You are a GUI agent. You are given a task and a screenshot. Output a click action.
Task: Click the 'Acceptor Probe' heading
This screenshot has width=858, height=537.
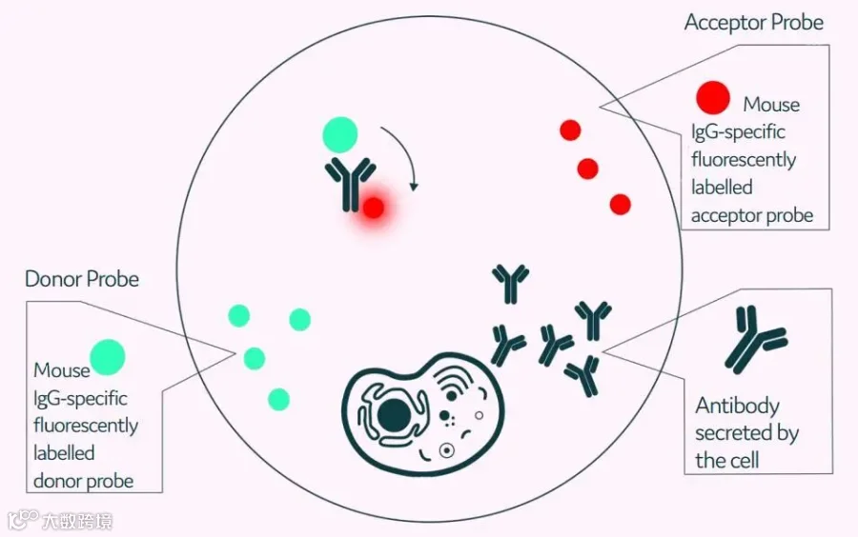point(753,23)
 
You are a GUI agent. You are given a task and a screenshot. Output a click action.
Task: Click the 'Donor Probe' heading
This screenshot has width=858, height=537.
point(82,279)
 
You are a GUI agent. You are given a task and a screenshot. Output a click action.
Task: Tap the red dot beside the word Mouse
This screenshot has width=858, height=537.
point(712,97)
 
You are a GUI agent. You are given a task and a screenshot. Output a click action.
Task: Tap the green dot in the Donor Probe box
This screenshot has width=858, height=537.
point(107,357)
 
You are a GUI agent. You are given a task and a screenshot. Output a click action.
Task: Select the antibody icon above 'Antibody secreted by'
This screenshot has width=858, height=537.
point(756,339)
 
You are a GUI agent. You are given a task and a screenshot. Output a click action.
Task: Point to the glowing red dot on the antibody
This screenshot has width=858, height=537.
point(374,208)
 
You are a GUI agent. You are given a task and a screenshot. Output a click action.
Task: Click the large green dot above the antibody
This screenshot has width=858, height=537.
point(339,134)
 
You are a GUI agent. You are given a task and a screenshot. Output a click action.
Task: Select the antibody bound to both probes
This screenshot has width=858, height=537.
point(350,183)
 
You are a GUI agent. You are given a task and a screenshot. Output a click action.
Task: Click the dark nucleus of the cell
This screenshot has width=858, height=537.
point(394,416)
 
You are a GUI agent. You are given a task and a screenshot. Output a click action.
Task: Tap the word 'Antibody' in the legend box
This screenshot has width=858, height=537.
point(737,407)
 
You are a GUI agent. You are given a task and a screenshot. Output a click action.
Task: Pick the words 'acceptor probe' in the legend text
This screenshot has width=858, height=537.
point(752,216)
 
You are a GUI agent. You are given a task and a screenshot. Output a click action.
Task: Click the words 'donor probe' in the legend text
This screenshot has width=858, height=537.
point(83,481)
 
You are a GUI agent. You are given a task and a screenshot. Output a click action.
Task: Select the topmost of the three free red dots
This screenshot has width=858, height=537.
point(570,130)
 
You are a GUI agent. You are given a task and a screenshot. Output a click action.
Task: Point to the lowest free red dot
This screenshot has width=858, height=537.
point(620,205)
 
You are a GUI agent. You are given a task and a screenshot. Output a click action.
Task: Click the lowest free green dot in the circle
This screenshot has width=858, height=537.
point(278,399)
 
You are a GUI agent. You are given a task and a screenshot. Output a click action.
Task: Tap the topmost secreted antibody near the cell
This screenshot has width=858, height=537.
point(510,283)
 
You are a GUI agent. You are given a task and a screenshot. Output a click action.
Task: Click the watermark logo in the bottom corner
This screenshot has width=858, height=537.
point(22,520)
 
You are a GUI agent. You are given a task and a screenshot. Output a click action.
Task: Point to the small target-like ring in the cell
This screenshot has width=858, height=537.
point(447,450)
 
